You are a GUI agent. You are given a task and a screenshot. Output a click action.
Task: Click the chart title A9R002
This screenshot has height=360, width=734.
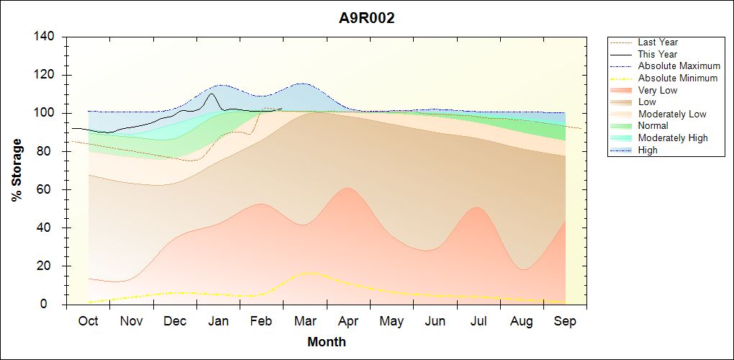tap(367, 19)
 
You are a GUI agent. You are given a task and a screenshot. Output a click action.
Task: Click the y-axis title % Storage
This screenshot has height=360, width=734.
tap(17, 171)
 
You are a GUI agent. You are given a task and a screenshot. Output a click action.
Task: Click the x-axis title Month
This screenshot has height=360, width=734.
tap(327, 342)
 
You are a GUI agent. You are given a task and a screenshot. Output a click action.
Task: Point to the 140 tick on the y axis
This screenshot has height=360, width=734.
tap(45, 37)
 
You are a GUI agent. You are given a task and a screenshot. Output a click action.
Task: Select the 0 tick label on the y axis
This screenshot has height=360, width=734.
tap(52, 305)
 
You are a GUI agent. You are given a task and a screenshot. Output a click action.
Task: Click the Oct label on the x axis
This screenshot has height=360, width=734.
tap(88, 321)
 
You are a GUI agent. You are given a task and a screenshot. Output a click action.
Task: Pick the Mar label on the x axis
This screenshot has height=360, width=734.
tap(305, 321)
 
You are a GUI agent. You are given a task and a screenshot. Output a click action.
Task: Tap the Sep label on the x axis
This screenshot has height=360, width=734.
tap(565, 321)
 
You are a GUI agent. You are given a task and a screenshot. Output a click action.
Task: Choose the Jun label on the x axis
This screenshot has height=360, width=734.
tap(435, 321)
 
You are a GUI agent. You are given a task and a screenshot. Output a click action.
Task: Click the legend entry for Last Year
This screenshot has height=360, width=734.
tap(658, 42)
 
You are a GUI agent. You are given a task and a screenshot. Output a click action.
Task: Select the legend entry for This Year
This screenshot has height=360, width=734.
tap(658, 54)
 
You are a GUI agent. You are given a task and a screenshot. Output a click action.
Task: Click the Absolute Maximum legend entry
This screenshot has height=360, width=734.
tap(679, 66)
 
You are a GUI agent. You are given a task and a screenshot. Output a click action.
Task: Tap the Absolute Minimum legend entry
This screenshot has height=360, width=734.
tap(678, 78)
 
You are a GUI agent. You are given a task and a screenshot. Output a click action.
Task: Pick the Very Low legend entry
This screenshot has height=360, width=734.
tap(658, 90)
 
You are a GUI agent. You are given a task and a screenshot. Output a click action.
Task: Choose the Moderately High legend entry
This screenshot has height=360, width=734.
tap(673, 138)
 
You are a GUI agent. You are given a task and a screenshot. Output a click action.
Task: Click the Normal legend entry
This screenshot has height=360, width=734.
tap(653, 126)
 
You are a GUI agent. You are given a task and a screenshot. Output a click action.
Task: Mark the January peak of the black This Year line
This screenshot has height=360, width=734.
tap(211, 94)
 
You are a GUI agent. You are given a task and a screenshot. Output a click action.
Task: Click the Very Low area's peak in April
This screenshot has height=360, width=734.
tap(348, 188)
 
